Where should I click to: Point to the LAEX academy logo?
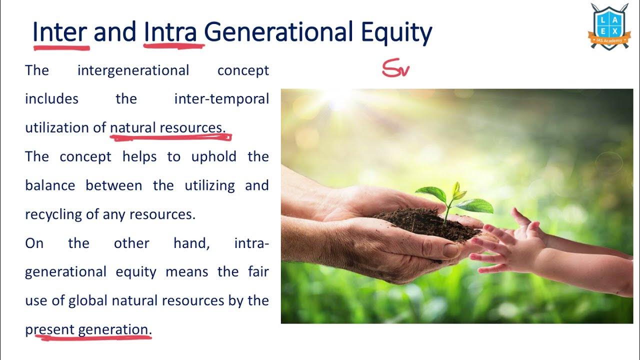tap(609, 26)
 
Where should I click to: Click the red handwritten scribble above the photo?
tap(396, 68)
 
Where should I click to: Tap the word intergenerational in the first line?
tap(133, 70)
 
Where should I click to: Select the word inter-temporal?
tap(221, 99)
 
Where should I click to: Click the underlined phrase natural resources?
tap(167, 128)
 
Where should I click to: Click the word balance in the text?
tap(49, 185)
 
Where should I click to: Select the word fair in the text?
tap(257, 272)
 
